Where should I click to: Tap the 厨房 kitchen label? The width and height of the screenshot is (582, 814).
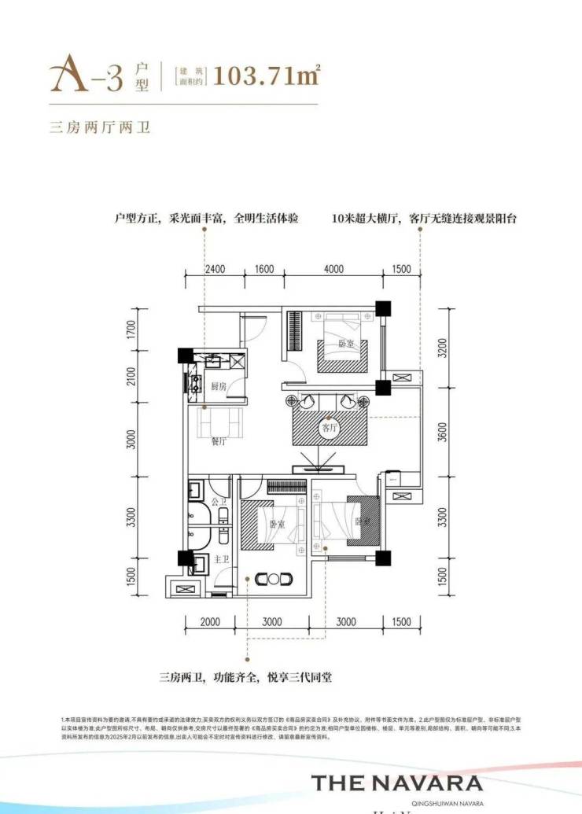click(x=219, y=386)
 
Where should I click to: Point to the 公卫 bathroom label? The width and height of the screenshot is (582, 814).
click(x=219, y=501)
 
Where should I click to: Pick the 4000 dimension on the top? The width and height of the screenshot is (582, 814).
click(x=333, y=268)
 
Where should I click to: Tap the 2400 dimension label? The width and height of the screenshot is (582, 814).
click(x=215, y=268)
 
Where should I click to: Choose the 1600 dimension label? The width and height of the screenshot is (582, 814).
click(x=263, y=268)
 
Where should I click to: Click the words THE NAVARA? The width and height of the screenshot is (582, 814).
click(x=396, y=782)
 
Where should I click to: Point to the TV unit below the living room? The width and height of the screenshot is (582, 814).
click(x=322, y=469)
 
